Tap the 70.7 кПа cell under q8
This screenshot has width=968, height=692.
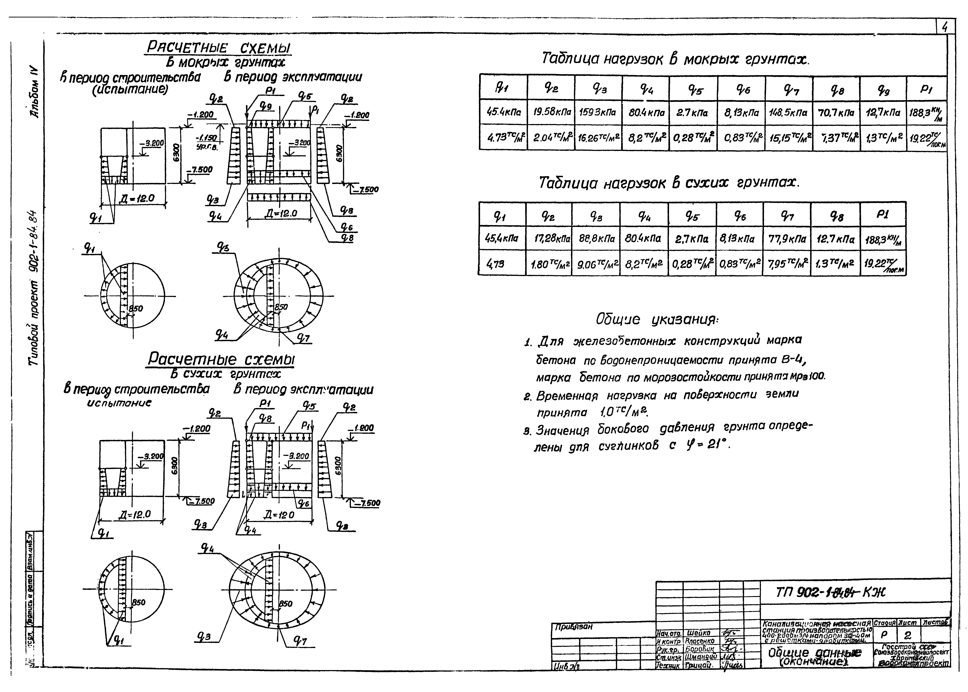(836, 113)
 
